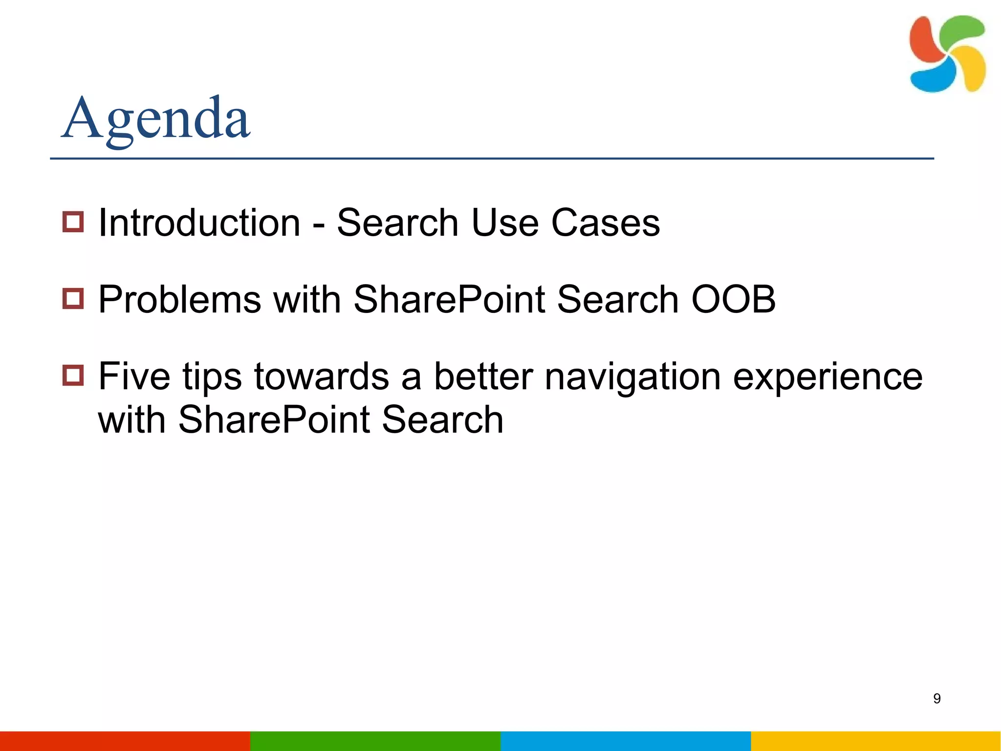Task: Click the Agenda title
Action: pos(155,118)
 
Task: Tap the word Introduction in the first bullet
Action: pos(199,223)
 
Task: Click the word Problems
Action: pos(179,299)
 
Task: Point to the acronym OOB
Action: pos(733,299)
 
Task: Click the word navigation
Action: pos(632,377)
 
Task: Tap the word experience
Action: pos(827,377)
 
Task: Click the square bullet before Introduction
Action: pos(73,221)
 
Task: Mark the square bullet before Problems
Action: pos(73,298)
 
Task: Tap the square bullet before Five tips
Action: pos(73,375)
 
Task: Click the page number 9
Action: pos(936,698)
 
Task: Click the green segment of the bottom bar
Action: pos(375,741)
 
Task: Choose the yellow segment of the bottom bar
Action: pos(876,741)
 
